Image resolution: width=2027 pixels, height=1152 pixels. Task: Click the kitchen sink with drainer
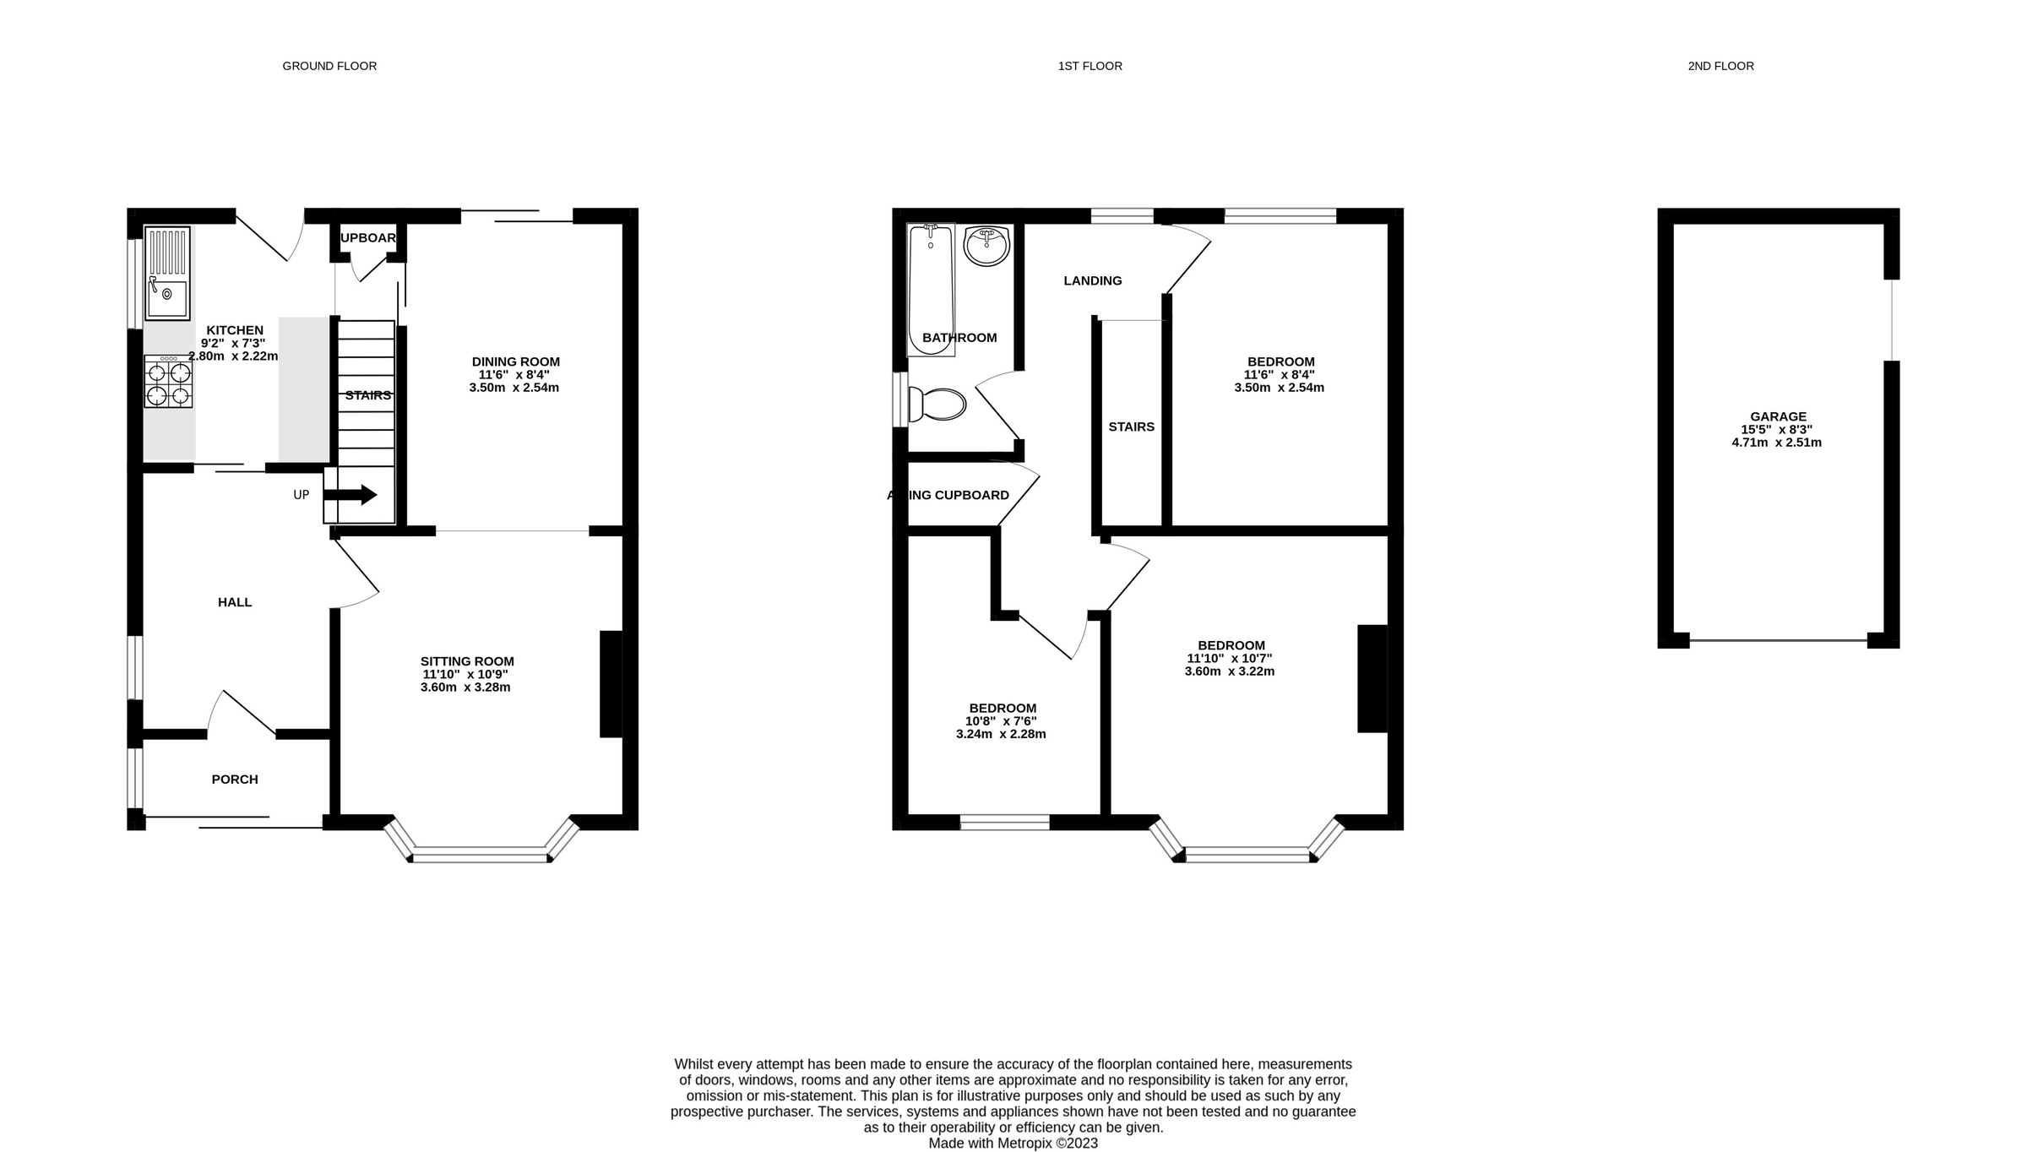(167, 273)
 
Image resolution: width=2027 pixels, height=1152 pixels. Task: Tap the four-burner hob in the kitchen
(168, 382)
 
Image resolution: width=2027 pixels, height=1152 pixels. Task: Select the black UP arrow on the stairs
(351, 495)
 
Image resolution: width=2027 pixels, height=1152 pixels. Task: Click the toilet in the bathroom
(937, 405)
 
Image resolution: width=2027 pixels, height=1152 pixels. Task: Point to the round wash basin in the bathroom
(986, 246)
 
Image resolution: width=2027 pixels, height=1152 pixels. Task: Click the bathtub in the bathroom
(931, 289)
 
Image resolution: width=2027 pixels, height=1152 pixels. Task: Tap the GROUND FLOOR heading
(329, 66)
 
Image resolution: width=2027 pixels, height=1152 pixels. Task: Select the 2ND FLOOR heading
(1720, 66)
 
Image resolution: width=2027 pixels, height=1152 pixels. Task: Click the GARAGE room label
(1778, 416)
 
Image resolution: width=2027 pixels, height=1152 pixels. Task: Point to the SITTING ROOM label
(467, 661)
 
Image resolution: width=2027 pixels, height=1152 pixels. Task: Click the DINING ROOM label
(515, 361)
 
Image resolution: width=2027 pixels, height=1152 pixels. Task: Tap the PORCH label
(235, 780)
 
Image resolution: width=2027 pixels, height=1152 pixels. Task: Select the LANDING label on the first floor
(1092, 280)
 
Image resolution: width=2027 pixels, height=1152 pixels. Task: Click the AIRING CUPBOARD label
(948, 495)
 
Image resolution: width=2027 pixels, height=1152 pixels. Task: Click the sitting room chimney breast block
(611, 684)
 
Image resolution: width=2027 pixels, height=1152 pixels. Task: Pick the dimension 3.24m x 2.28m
(1001, 734)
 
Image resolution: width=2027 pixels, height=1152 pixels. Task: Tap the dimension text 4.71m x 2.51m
(1776, 443)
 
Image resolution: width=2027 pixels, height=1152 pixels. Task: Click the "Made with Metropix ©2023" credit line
(1013, 1144)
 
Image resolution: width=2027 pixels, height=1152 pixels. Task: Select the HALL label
(235, 602)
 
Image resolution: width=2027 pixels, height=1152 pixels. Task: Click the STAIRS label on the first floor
(1131, 427)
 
